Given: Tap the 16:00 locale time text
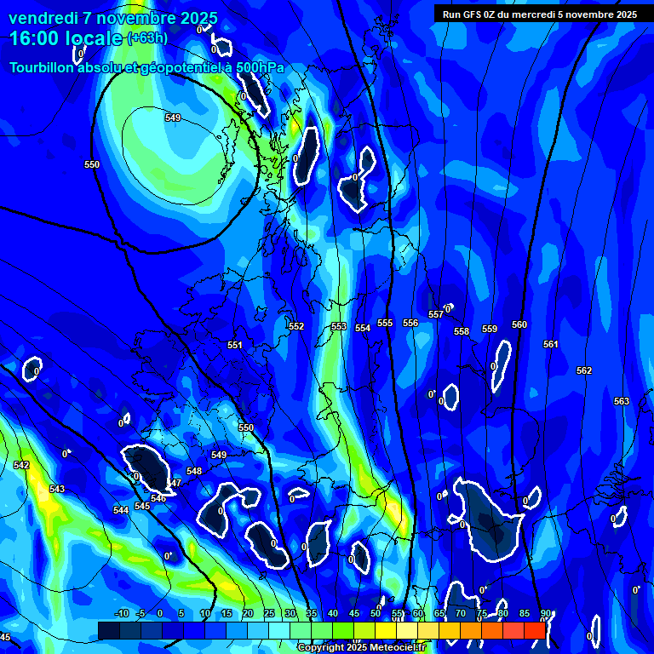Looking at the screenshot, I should (65, 38).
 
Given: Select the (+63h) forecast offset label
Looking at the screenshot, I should (147, 38).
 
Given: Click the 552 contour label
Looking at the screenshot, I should (296, 326).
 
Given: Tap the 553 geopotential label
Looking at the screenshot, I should (339, 326).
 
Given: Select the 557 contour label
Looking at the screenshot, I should (436, 314).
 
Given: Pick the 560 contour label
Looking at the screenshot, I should (519, 324).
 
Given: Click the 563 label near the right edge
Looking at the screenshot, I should (622, 401).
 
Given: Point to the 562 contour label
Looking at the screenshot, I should (584, 370).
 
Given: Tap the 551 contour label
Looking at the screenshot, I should (235, 345).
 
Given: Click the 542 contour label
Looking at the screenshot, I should (21, 465).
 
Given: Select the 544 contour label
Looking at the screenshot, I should (121, 509).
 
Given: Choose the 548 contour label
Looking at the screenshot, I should (194, 471).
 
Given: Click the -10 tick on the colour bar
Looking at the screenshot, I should (122, 613).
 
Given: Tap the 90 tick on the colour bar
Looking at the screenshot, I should (545, 613).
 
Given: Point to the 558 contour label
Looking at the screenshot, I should (462, 331).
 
